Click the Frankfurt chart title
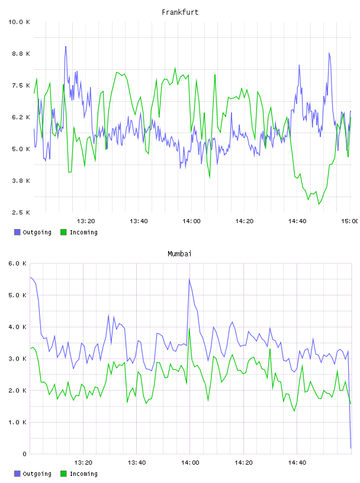tap(180, 12)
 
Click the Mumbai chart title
tap(179, 254)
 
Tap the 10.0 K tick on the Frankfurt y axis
tap(19, 22)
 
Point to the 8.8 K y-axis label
tap(21, 54)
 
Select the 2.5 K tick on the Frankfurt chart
tap(21, 212)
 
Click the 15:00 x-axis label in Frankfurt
tap(349, 221)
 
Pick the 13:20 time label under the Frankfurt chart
tap(86, 221)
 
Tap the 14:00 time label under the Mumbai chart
tap(190, 463)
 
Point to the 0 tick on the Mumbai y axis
tap(24, 454)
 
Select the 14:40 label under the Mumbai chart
tap(297, 463)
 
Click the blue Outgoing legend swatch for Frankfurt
tap(17, 232)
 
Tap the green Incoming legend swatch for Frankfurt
tap(63, 232)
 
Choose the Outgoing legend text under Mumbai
tap(37, 474)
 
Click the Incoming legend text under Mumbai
tap(83, 474)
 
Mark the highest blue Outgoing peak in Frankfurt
tap(66, 47)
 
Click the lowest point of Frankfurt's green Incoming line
tap(319, 204)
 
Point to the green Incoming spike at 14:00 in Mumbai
tap(189, 329)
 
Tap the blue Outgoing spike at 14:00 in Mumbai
tap(189, 279)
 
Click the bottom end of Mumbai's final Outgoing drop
tap(351, 448)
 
